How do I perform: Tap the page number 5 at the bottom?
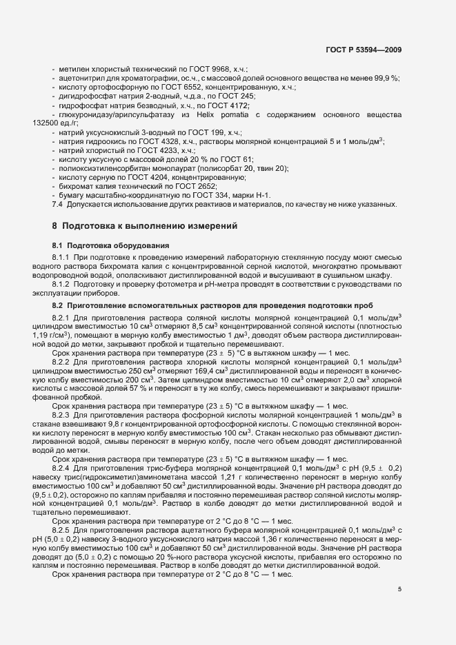tap(399, 588)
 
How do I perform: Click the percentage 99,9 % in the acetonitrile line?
tap(384, 79)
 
